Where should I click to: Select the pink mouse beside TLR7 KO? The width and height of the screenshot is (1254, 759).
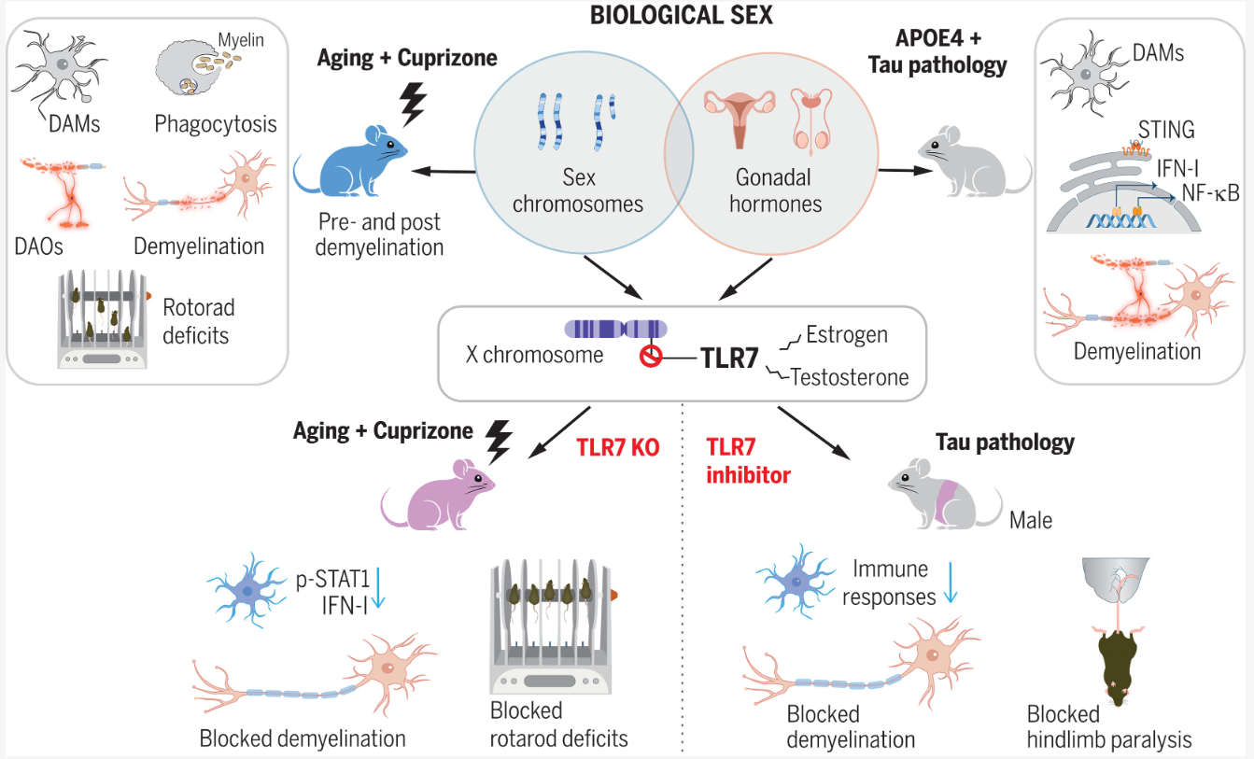click(x=444, y=495)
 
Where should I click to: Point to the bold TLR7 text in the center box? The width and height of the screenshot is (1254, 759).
click(x=729, y=358)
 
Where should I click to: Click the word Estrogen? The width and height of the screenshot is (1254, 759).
click(x=847, y=335)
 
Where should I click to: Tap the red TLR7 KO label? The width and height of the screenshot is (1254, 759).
click(x=619, y=447)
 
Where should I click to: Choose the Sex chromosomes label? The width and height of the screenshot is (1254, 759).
click(x=578, y=190)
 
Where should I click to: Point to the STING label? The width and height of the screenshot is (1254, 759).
click(x=1166, y=128)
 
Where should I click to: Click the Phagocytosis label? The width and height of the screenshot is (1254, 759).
click(x=216, y=124)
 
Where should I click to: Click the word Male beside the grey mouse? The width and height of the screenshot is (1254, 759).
click(x=1031, y=519)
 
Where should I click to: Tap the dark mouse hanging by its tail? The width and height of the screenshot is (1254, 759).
click(x=1116, y=658)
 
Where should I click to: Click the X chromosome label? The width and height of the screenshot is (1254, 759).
click(x=535, y=355)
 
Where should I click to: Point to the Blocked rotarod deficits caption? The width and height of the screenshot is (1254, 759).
click(x=558, y=724)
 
